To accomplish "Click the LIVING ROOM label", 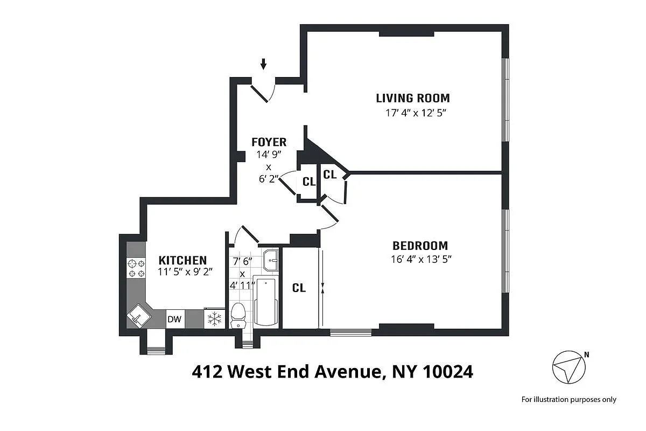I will (412, 98).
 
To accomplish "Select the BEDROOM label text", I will (420, 246).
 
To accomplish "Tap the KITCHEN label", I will (182, 260).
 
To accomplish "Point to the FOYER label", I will (269, 142).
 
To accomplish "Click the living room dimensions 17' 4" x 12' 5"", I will (412, 113).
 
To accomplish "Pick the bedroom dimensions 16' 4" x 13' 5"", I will (420, 259).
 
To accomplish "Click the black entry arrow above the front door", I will (263, 64).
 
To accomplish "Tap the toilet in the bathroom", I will (237, 315).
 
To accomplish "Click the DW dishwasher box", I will (174, 319).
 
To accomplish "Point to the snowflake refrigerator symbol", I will (215, 319).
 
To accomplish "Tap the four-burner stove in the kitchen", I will (136, 268).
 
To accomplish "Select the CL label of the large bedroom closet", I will (299, 288).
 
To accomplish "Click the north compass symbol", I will (569, 367).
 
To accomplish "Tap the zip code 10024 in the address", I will (448, 371).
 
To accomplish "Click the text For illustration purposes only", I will (568, 399).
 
